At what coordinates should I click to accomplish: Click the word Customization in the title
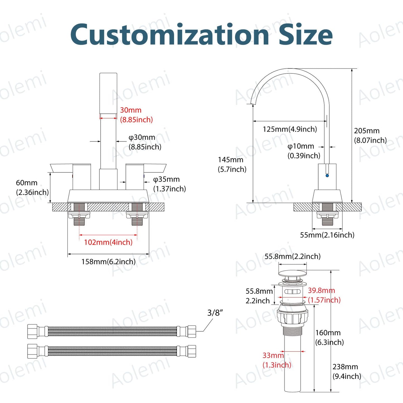169,34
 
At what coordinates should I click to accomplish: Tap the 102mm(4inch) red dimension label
108,242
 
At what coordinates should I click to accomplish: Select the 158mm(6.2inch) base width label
108,261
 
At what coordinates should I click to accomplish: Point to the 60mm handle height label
32,187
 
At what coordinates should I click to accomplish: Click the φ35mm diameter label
169,184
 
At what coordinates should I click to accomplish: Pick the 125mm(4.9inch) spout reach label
290,129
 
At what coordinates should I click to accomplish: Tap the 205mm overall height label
370,135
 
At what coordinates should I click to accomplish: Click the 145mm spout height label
232,164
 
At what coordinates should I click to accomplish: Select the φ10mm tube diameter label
304,151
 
